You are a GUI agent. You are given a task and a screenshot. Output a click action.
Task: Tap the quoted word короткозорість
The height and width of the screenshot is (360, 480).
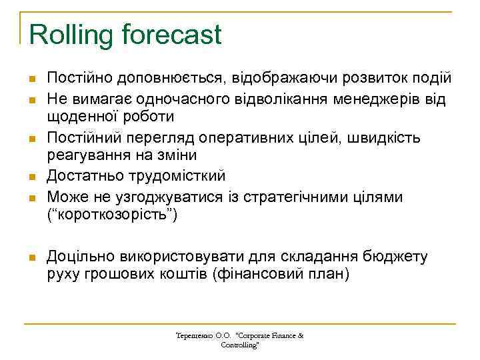(x=111, y=216)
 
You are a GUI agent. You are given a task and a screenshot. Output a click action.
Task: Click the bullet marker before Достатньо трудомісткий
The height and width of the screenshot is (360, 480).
(x=31, y=177)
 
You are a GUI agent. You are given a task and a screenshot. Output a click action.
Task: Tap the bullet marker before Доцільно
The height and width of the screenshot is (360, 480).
(x=31, y=257)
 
